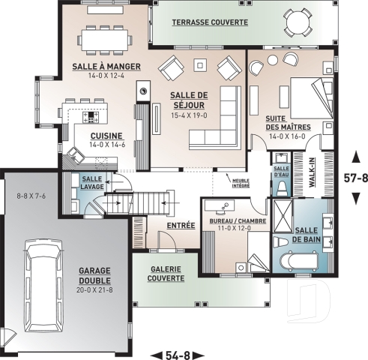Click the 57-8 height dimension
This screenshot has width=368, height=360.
pyautogui.click(x=355, y=179)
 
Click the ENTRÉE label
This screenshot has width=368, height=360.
pyautogui.click(x=181, y=223)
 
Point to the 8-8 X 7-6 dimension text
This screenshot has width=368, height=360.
pyautogui.click(x=32, y=196)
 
